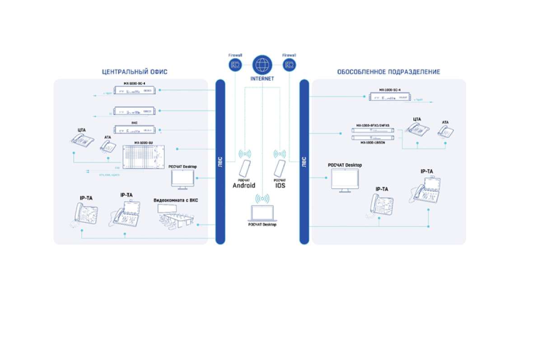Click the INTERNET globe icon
tap(262, 65)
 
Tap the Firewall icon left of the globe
tap(235, 65)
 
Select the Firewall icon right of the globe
tap(289, 65)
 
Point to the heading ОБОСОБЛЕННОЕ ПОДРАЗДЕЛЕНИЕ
tap(388, 72)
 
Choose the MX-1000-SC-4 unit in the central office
tap(135, 91)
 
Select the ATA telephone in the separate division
tap(446, 131)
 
